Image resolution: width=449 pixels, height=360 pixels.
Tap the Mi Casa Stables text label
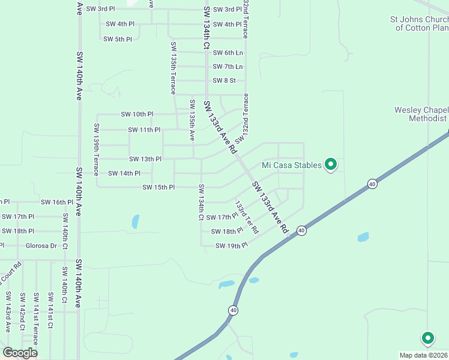point(292,165)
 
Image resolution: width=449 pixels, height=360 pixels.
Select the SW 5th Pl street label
point(117,39)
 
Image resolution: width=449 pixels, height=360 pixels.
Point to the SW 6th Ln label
point(228,53)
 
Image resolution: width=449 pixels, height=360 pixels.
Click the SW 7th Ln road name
point(228,67)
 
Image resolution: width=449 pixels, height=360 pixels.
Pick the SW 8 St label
point(224,80)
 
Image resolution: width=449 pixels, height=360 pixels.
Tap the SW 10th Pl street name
point(137,114)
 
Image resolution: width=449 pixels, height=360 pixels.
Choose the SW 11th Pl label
point(144,130)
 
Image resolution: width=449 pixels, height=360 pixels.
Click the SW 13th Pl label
point(145,159)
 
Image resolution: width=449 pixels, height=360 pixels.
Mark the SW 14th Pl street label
point(124,173)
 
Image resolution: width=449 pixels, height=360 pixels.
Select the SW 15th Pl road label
point(158,188)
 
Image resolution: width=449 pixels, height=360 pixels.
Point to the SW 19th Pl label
point(231,246)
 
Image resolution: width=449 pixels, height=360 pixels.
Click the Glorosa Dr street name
point(41,245)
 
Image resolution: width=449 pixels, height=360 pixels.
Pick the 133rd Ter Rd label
point(247,217)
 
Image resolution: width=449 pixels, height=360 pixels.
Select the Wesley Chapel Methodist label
point(421,114)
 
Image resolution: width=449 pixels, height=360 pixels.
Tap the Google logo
point(20,353)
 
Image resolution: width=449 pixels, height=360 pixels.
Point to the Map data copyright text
point(424,355)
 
